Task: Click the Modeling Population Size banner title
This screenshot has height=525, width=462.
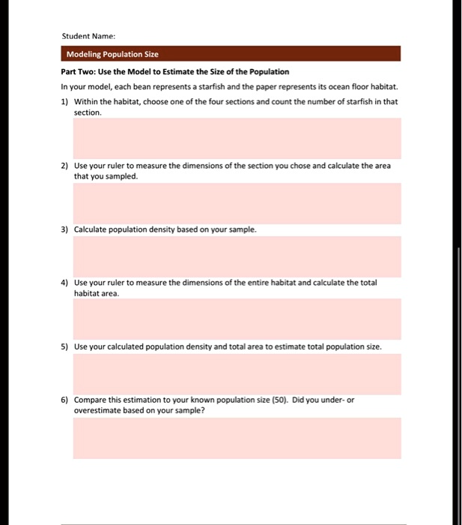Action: tap(112, 54)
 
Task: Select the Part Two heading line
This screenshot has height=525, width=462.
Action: tap(174, 71)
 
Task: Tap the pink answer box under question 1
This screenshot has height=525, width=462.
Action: tap(237, 138)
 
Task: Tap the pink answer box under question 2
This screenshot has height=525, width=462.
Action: tap(237, 202)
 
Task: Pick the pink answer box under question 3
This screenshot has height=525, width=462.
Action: tap(237, 256)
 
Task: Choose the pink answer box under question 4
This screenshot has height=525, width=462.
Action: tap(237, 319)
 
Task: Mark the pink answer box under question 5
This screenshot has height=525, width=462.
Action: tap(237, 373)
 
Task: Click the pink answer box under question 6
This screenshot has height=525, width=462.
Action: tap(237, 438)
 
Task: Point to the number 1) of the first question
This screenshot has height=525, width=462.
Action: tap(65, 100)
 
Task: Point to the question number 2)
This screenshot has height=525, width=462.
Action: tap(65, 165)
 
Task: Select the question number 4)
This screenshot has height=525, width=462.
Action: tap(65, 283)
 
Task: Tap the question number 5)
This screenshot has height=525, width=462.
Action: tap(65, 346)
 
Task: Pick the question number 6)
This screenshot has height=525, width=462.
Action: tap(65, 400)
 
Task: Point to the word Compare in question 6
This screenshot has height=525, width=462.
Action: tap(91, 400)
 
